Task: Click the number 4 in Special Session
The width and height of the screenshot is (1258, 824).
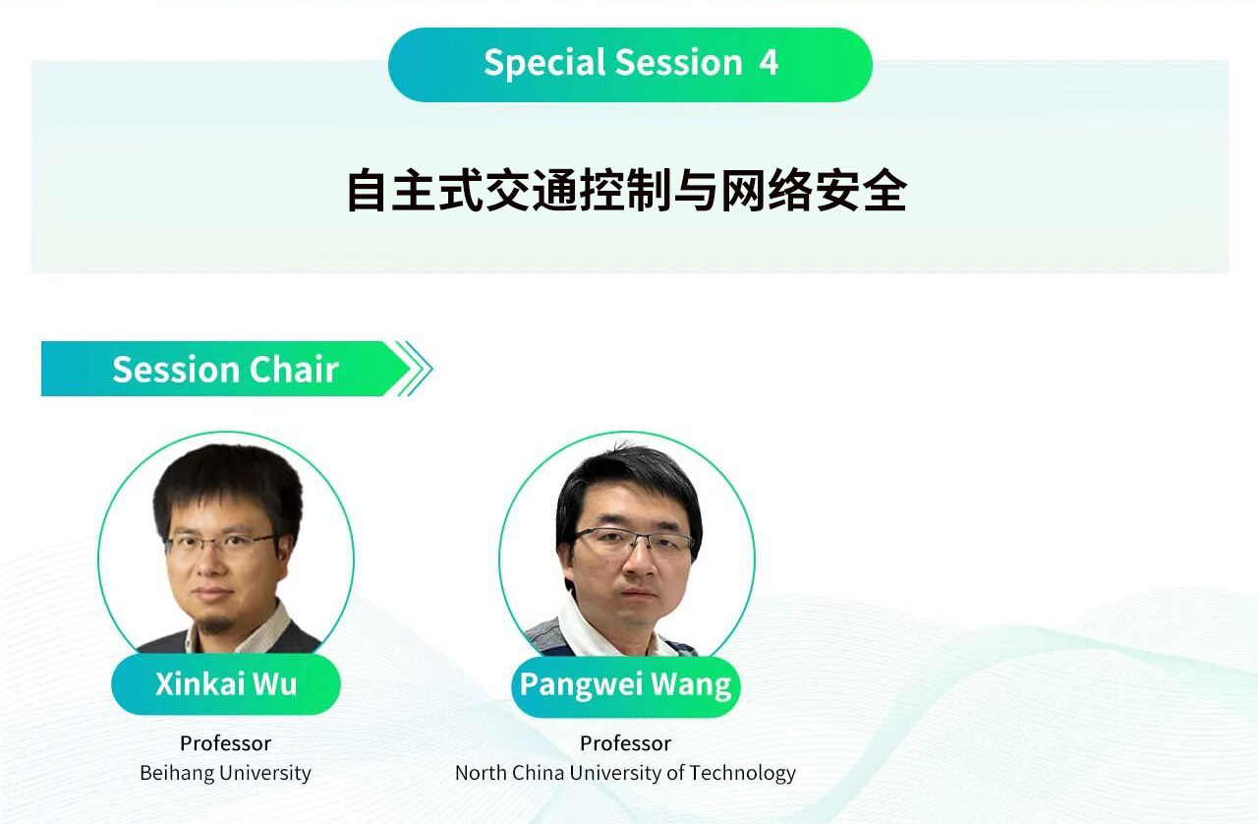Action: point(769,62)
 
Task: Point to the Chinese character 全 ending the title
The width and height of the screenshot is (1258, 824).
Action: point(886,191)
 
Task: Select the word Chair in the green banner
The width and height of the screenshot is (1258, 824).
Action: point(294,370)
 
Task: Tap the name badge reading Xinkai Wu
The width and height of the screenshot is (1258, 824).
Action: point(226,684)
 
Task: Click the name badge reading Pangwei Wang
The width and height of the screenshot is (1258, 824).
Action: point(626,685)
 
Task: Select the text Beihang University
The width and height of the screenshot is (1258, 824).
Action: point(225,773)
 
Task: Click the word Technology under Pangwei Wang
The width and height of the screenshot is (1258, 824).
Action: point(742,774)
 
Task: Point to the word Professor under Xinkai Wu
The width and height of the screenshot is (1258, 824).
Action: point(225,743)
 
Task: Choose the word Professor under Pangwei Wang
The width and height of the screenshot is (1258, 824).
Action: point(625,743)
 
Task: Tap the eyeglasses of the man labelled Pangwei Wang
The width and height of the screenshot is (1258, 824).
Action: point(634,542)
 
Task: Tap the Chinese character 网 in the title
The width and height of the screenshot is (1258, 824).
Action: point(742,191)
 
